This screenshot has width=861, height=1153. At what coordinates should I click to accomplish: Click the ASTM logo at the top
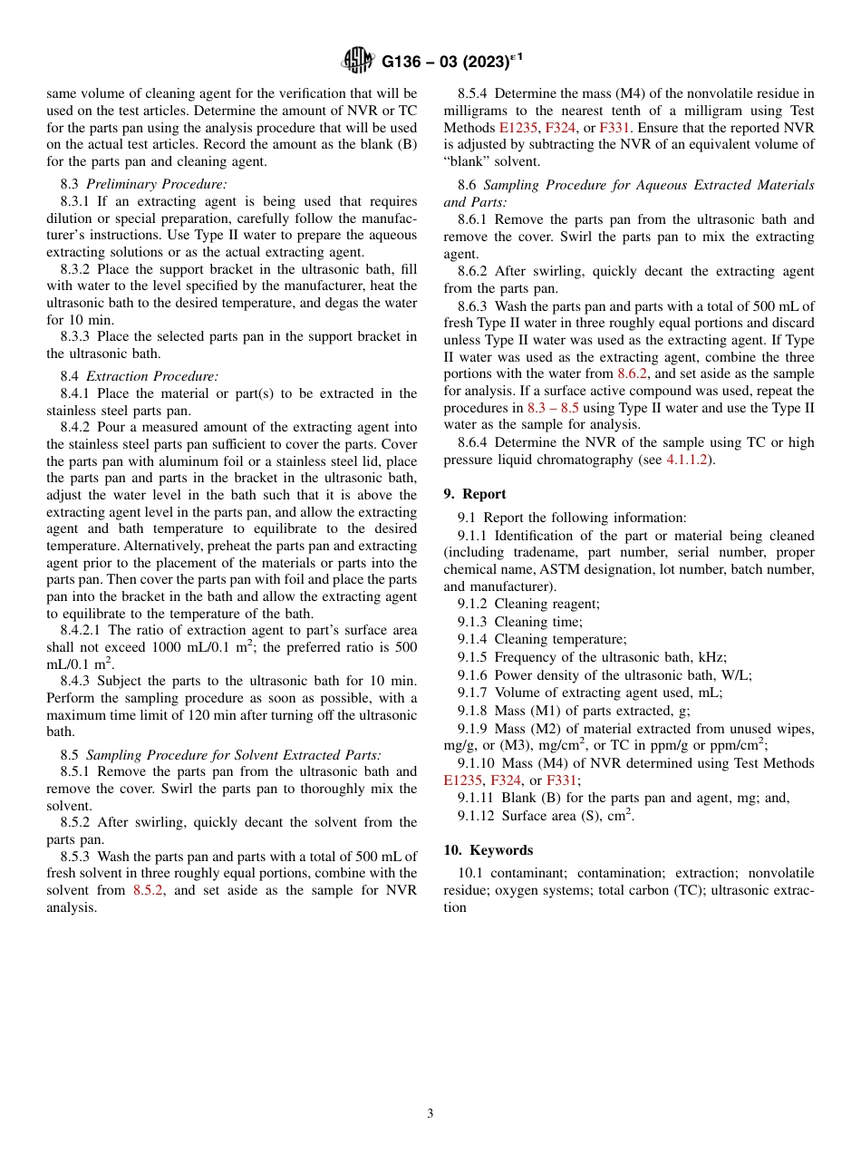(357, 62)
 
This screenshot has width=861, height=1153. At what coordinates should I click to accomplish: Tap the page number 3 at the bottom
(430, 1113)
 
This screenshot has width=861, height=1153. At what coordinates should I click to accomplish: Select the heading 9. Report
(475, 494)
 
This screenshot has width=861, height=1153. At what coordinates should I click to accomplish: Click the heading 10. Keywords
(488, 850)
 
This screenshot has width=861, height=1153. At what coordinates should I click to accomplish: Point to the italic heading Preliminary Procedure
(156, 184)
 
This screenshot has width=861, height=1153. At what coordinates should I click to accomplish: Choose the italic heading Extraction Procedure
(152, 376)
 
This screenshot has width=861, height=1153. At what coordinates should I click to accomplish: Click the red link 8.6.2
(633, 373)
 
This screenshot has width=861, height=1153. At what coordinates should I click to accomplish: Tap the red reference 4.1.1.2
(690, 460)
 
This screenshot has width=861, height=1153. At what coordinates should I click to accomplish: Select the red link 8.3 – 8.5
(553, 408)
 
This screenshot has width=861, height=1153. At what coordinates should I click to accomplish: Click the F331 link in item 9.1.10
(561, 780)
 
